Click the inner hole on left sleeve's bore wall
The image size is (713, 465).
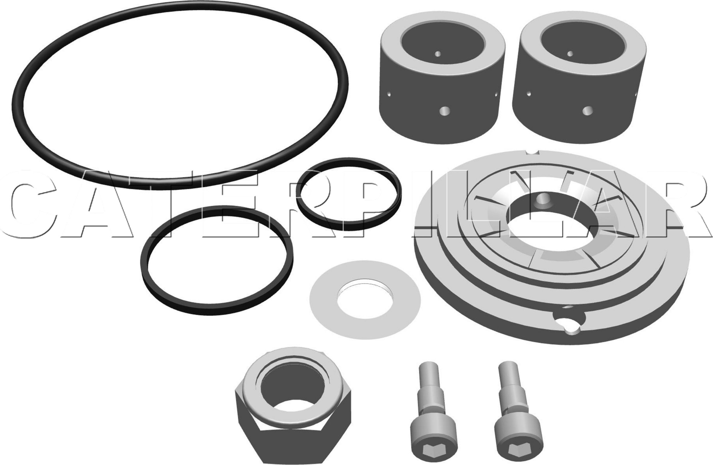tap(438, 54)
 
